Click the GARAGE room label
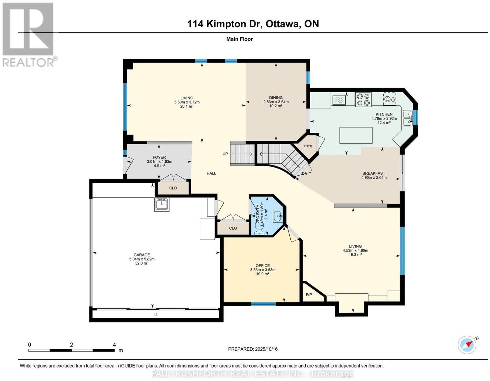click(x=141, y=255)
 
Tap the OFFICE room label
click(x=263, y=265)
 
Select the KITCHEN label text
click(x=384, y=114)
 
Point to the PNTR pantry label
click(x=307, y=146)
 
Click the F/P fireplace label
click(x=309, y=295)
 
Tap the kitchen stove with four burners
click(x=363, y=99)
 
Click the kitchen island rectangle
click(x=356, y=135)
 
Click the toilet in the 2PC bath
click(x=260, y=231)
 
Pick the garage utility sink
click(x=161, y=204)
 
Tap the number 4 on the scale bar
click(x=114, y=345)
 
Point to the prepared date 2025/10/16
click(x=266, y=349)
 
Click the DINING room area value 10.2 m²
click(x=276, y=106)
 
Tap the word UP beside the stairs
click(x=225, y=154)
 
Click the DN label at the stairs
click(x=304, y=173)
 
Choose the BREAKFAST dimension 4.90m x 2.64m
click(x=374, y=177)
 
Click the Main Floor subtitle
click(x=239, y=39)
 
